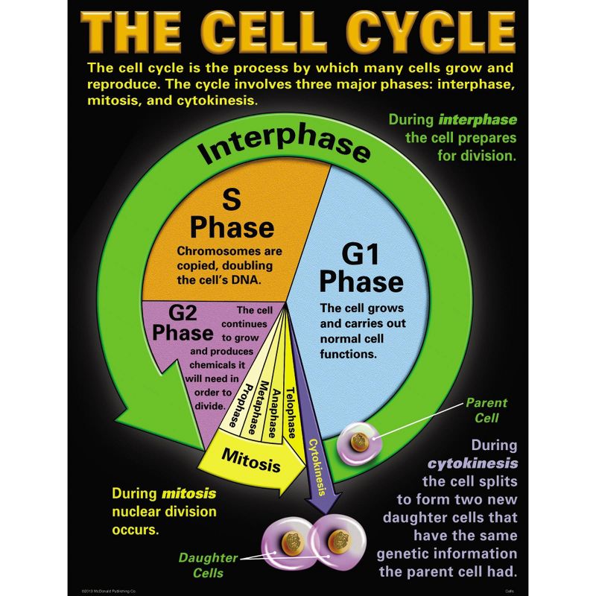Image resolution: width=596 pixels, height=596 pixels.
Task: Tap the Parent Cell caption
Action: (486, 410)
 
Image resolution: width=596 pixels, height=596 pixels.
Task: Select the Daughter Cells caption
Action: (208, 565)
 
